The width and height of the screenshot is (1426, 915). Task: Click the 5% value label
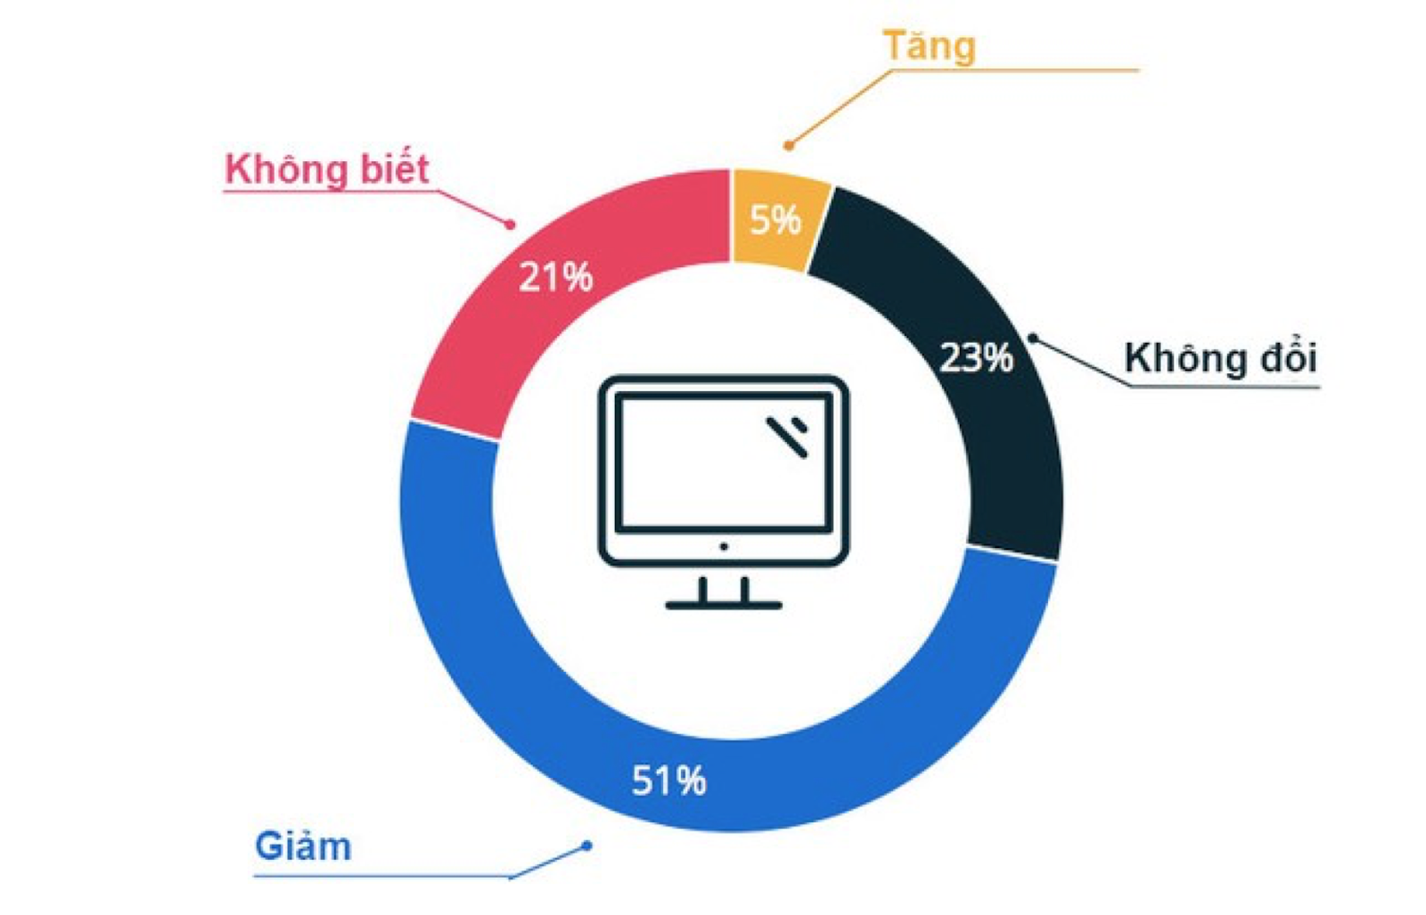(x=775, y=220)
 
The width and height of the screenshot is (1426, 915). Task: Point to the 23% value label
(x=977, y=357)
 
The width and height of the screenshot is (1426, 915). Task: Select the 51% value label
(x=669, y=780)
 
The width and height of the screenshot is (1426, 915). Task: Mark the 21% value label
(x=556, y=277)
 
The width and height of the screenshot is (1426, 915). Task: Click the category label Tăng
(x=930, y=46)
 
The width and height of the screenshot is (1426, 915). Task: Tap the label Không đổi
(x=1220, y=357)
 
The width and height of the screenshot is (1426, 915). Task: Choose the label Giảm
(x=303, y=847)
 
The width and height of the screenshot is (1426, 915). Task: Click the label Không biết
(x=327, y=169)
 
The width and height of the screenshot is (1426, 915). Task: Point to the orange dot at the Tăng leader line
(x=789, y=146)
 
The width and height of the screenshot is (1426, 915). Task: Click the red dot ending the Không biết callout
(x=510, y=225)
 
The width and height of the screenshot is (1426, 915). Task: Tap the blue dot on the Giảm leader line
(x=587, y=846)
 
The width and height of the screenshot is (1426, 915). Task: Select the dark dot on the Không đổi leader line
(x=1033, y=338)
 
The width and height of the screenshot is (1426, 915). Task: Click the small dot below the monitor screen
(x=724, y=546)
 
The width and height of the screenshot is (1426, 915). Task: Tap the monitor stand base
(x=724, y=605)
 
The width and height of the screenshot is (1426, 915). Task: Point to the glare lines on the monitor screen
(x=788, y=437)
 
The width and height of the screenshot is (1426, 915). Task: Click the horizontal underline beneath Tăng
(x=1014, y=70)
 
